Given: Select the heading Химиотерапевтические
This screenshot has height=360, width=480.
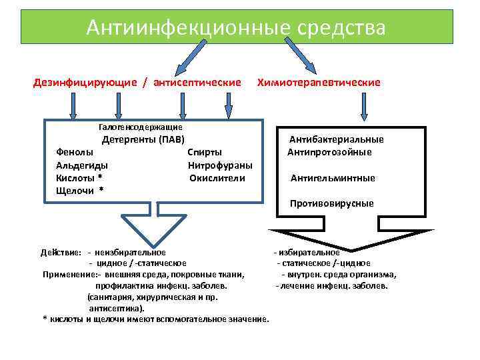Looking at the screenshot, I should [319, 83].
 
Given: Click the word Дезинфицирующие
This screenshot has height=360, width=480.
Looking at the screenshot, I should [85, 83].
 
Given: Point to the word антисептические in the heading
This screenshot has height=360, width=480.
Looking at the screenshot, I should [197, 83].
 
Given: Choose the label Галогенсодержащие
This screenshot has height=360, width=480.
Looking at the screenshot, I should [140, 127].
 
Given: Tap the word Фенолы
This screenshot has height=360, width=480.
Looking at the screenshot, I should [75, 153].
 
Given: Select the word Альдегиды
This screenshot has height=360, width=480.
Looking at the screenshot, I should [83, 165].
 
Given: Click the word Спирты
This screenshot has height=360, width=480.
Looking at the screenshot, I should [205, 153].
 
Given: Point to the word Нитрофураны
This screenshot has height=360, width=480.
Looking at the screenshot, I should [220, 165].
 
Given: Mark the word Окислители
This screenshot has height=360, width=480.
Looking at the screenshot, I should [217, 178].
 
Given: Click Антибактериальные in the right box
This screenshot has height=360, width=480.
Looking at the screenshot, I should [336, 140].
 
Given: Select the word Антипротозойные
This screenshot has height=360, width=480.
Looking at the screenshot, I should [330, 153].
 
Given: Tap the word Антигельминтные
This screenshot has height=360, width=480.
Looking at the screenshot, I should [333, 178].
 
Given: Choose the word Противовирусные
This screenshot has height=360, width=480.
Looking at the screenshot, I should [332, 203].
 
